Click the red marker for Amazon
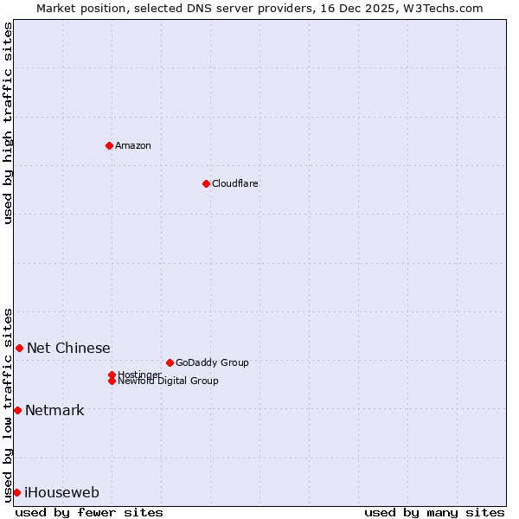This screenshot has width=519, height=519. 109,145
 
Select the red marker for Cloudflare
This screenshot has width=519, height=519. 206,183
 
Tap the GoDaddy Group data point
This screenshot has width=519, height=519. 170,362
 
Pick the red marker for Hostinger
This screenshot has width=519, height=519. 112,375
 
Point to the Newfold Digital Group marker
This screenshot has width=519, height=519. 112,381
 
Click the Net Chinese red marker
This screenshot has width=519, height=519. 19,348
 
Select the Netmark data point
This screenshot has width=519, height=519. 17,410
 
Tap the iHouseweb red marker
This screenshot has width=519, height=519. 16,492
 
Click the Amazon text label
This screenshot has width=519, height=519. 133,145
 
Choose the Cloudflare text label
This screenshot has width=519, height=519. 235,183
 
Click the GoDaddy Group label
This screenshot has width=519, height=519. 212,362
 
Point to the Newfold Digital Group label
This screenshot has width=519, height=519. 169,381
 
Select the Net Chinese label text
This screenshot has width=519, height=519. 68,349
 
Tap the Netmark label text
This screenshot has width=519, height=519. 54,411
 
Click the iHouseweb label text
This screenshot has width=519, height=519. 61,493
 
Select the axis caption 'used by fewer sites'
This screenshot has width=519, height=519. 89,512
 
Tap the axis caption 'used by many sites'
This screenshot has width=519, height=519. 434,512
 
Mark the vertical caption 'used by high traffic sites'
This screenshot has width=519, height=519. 9,124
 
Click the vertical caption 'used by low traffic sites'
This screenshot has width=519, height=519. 9,404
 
